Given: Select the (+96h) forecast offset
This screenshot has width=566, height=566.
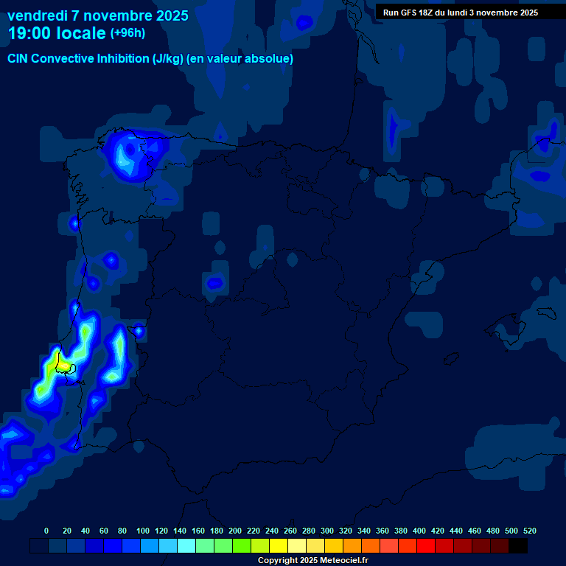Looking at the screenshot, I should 127,33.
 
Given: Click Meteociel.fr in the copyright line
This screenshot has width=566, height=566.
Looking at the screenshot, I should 338,561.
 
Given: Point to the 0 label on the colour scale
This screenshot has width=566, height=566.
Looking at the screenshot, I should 46,531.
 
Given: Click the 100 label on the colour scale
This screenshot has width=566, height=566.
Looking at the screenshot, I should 143,531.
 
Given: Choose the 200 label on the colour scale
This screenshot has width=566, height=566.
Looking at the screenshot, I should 235,531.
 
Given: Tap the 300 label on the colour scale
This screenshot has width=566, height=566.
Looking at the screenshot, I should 327,531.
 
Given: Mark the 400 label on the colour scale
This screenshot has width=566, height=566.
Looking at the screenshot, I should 419,531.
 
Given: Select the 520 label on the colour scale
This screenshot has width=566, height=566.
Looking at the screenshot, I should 530,531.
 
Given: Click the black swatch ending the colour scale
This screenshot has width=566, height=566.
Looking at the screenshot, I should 518,546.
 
